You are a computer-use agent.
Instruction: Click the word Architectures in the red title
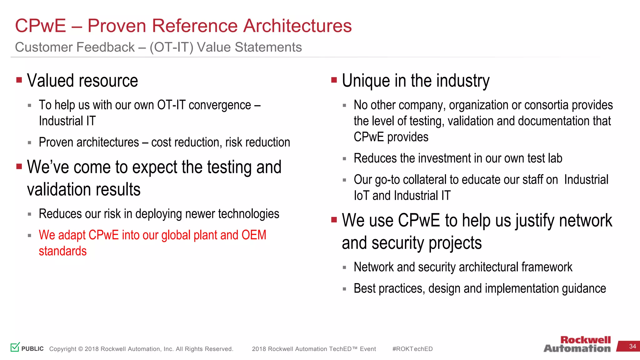[x=297, y=26]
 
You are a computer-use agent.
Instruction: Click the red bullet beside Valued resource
[x=19, y=80]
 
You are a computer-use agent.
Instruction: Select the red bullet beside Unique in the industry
[x=334, y=80]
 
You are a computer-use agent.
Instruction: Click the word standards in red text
[x=62, y=251]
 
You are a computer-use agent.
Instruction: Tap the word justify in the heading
[x=536, y=221]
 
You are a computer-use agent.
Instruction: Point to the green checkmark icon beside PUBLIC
[x=15, y=347]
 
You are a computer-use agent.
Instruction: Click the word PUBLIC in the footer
[x=32, y=349]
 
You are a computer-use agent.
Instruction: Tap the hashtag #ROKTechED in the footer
[x=412, y=349]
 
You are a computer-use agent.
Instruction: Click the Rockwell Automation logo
[x=577, y=344]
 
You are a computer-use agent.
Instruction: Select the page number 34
[x=632, y=347]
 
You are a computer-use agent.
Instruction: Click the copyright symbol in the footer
[x=81, y=349]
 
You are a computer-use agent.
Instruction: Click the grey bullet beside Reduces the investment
[x=344, y=159]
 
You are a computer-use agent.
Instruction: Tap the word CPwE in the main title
[x=41, y=26]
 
